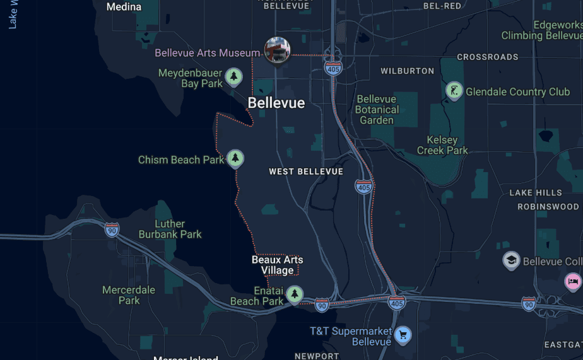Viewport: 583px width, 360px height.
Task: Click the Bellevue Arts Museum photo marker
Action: tap(277, 50)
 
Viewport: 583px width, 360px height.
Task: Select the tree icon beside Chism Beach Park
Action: tap(235, 158)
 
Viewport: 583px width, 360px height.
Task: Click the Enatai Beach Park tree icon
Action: tap(294, 294)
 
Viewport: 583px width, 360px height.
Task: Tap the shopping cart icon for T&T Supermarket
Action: tap(403, 334)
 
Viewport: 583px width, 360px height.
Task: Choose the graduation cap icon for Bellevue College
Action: tap(511, 260)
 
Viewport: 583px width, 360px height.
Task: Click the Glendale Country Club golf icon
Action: tap(454, 91)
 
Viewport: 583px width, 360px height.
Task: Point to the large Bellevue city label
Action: tap(276, 103)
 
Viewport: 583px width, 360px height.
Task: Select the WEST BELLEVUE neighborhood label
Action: tap(306, 171)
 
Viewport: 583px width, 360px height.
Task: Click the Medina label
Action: tap(124, 7)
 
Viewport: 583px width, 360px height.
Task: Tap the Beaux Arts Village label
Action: tap(277, 265)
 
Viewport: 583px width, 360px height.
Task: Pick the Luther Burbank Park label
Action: tap(170, 229)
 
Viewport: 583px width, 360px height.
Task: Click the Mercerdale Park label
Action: tap(129, 295)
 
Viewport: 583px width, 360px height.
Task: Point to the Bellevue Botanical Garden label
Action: tap(377, 109)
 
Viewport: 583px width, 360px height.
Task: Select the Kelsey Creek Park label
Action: tap(442, 145)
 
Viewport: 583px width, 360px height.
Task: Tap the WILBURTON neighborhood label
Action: tap(408, 71)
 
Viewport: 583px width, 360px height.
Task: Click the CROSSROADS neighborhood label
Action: tap(488, 57)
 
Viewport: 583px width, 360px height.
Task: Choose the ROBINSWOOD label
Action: tap(548, 206)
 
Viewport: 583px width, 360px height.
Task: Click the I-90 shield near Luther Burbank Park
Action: tap(112, 229)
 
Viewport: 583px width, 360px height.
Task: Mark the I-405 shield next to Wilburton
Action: tap(334, 68)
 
